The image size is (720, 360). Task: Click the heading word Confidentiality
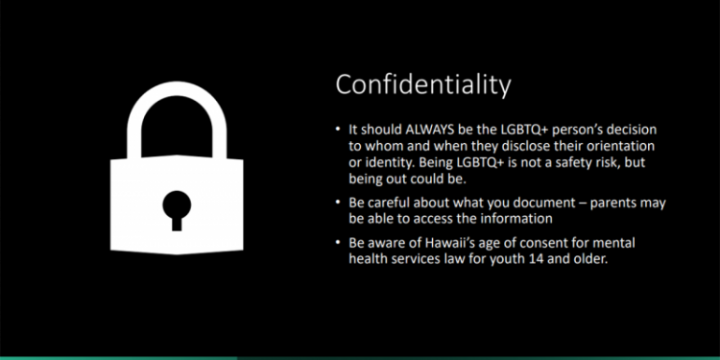422,84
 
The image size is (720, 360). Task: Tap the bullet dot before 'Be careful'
338,202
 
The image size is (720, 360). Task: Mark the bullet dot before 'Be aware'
338,245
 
